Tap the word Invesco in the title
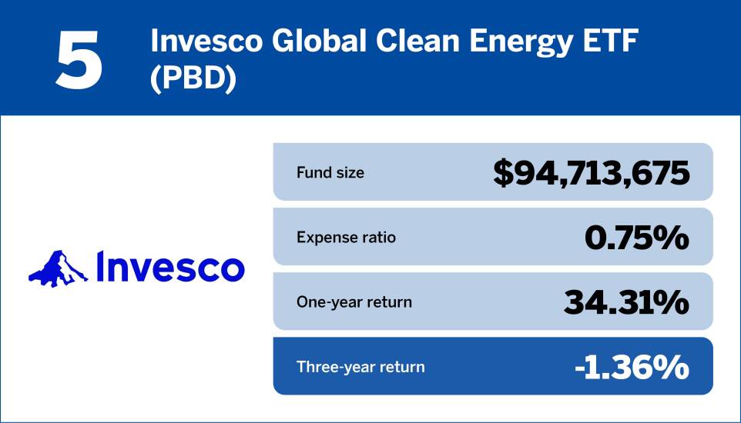[x=206, y=42]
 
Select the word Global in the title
[x=319, y=42]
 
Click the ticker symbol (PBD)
[x=193, y=79]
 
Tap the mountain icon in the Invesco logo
[x=58, y=268]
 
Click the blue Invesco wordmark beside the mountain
[x=170, y=267]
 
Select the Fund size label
[x=330, y=172]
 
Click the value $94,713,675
[x=592, y=173]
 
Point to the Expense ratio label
[x=346, y=237]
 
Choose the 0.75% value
[x=636, y=238]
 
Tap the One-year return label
[x=354, y=302]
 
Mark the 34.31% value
[x=627, y=302]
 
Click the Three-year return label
[x=360, y=367]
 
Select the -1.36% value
[x=632, y=368]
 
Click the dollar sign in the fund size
[x=503, y=173]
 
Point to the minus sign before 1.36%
[x=581, y=369]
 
